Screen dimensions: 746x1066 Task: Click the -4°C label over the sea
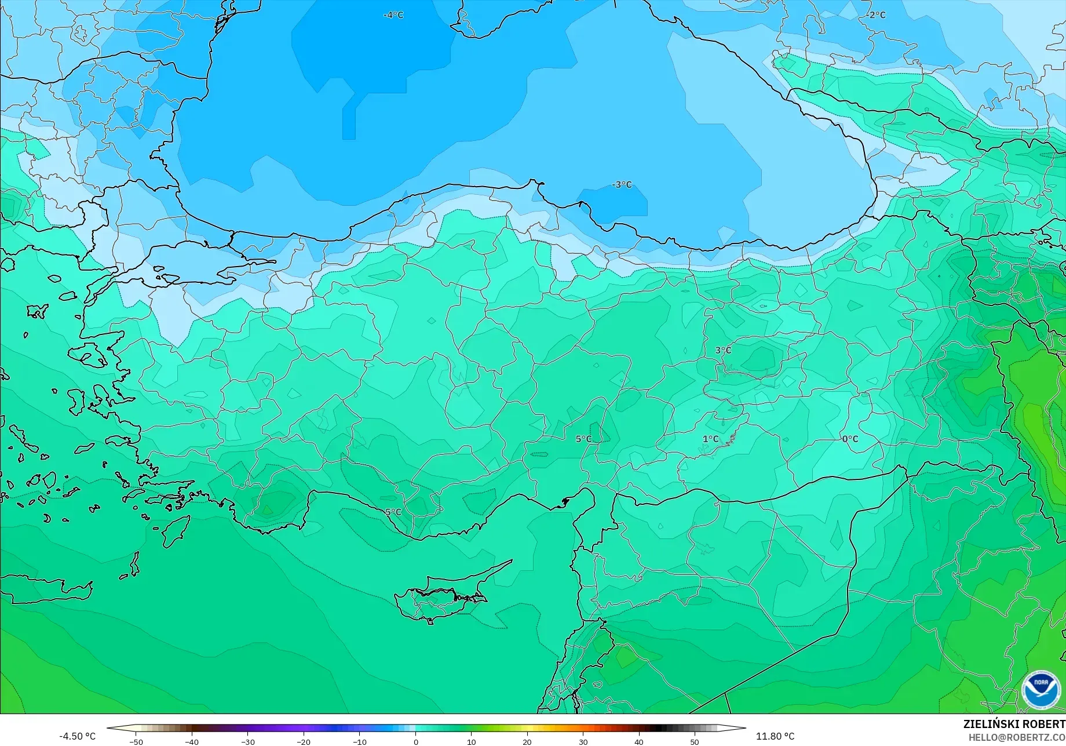(393, 15)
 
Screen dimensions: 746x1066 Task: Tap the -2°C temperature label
(877, 15)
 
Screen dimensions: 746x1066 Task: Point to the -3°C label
(622, 185)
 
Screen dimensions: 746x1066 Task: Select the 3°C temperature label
(723, 350)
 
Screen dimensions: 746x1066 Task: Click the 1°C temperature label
(710, 439)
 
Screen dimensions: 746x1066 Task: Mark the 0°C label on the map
(850, 439)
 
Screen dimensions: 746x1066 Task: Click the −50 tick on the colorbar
(136, 742)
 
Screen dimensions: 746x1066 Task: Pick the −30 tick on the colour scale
(247, 742)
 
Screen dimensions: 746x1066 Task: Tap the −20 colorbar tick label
(304, 742)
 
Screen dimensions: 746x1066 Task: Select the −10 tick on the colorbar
(359, 742)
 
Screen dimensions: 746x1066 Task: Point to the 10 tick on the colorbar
(471, 742)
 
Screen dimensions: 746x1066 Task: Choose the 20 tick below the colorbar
(527, 742)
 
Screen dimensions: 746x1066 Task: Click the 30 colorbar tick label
(583, 742)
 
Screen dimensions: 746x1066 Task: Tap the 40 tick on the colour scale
(638, 742)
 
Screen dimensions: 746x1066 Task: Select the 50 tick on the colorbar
(695, 742)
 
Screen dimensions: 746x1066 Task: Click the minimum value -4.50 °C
(77, 736)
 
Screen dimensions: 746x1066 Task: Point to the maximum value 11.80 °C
(775, 736)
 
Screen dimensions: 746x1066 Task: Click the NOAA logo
(1041, 689)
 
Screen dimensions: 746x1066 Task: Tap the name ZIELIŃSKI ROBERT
(1014, 725)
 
